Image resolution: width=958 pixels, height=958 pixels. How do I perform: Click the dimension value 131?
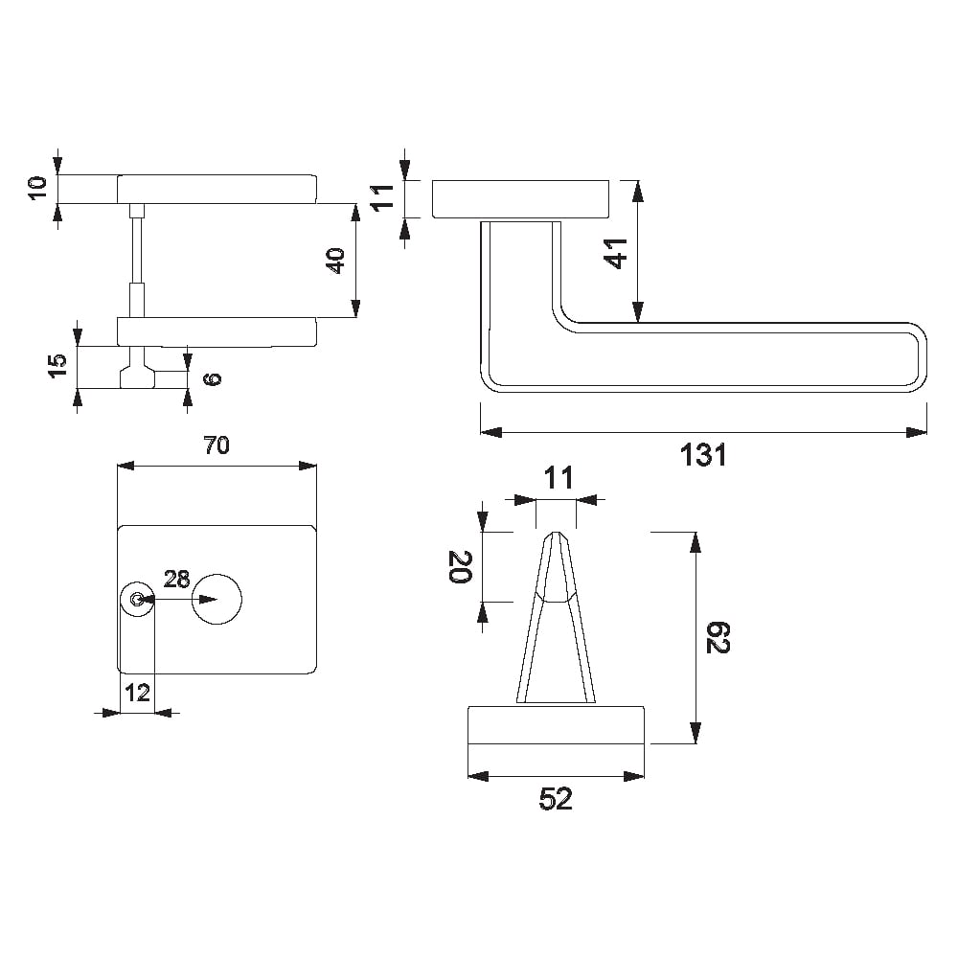coord(703,455)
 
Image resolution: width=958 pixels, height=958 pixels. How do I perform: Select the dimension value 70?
coord(217,445)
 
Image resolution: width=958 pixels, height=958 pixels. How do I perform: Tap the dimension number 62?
coord(718,638)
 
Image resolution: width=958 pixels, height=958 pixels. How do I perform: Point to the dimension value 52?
coord(556,799)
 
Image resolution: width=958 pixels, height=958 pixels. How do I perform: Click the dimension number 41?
coord(616,254)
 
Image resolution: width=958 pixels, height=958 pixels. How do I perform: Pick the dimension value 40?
coord(336,261)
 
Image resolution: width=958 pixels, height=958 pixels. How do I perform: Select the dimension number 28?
coord(176,579)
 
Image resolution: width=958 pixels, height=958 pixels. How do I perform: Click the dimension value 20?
coord(461,567)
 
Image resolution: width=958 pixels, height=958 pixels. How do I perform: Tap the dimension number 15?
coord(58,365)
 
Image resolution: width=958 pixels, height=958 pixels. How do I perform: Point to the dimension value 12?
coord(137,693)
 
